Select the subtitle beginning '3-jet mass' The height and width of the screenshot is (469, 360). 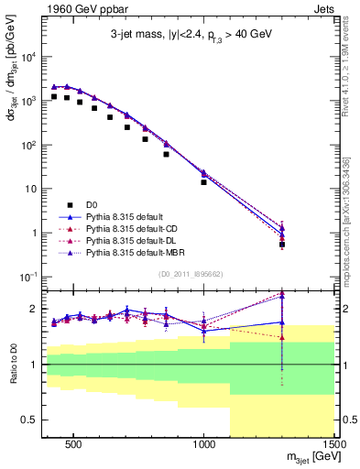[x=190, y=35]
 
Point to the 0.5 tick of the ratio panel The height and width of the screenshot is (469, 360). [x=33, y=420]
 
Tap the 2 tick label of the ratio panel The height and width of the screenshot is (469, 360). [x=37, y=309]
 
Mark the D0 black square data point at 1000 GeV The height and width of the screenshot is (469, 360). [x=203, y=182]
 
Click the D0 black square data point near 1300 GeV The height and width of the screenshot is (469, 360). [x=282, y=245]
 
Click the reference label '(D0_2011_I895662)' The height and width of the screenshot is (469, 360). [x=191, y=273]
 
